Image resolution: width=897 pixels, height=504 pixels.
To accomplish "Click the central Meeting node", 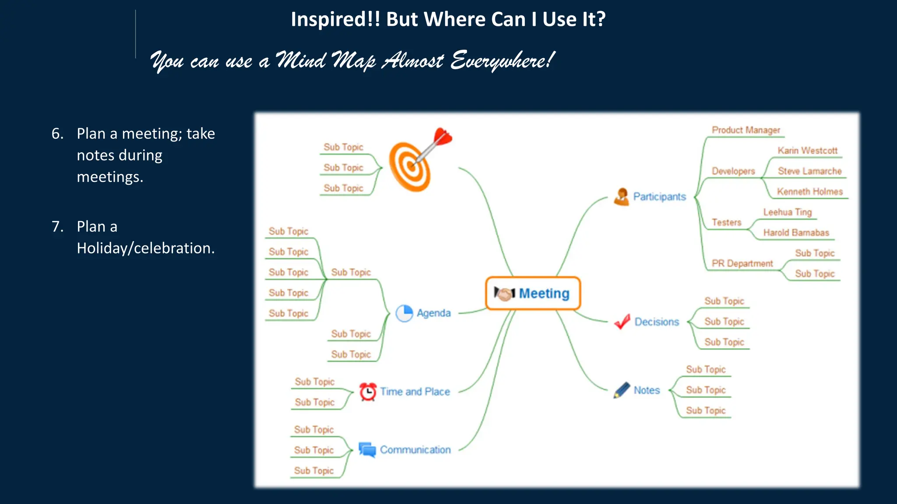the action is tap(533, 293).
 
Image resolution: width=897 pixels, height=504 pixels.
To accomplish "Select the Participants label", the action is tap(659, 197).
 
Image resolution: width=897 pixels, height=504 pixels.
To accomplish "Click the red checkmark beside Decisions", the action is tap(622, 322).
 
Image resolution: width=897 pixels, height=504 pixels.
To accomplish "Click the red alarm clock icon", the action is tap(368, 392).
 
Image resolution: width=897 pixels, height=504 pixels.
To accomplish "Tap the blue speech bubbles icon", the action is tap(367, 449).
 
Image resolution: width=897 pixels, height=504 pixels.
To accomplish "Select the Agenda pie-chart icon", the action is tap(404, 313).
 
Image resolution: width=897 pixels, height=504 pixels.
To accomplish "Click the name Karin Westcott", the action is tap(807, 150).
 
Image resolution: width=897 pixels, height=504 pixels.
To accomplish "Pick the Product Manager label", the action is tap(746, 130).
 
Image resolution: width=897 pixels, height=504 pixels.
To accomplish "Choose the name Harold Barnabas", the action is tap(796, 233).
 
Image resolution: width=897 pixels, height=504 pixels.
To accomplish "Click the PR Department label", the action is tap(742, 263).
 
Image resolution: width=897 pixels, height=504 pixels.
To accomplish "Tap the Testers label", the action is tap(726, 222).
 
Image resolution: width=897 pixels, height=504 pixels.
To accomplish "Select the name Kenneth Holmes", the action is tap(810, 192).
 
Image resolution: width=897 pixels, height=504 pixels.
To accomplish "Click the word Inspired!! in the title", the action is tap(335, 20).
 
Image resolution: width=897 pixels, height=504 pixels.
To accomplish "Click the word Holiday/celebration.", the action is tap(146, 248).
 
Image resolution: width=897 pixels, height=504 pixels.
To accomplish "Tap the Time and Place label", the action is tap(415, 392).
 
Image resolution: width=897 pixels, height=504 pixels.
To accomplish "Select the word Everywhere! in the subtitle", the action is tap(503, 60).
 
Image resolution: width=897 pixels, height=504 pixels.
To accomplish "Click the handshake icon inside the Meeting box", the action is tap(505, 294).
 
